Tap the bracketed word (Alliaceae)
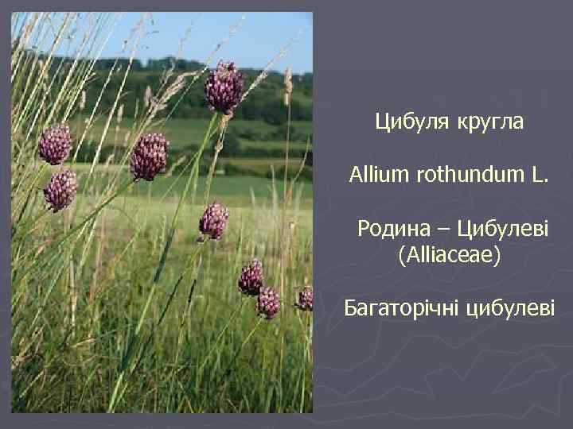tap(449, 256)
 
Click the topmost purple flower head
tap(224, 87)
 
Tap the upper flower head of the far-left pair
tap(55, 145)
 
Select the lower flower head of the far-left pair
tap(60, 191)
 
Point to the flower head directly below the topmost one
tap(213, 220)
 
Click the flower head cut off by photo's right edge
tap(305, 298)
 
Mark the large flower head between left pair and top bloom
tap(150, 156)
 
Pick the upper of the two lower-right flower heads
tap(251, 277)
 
